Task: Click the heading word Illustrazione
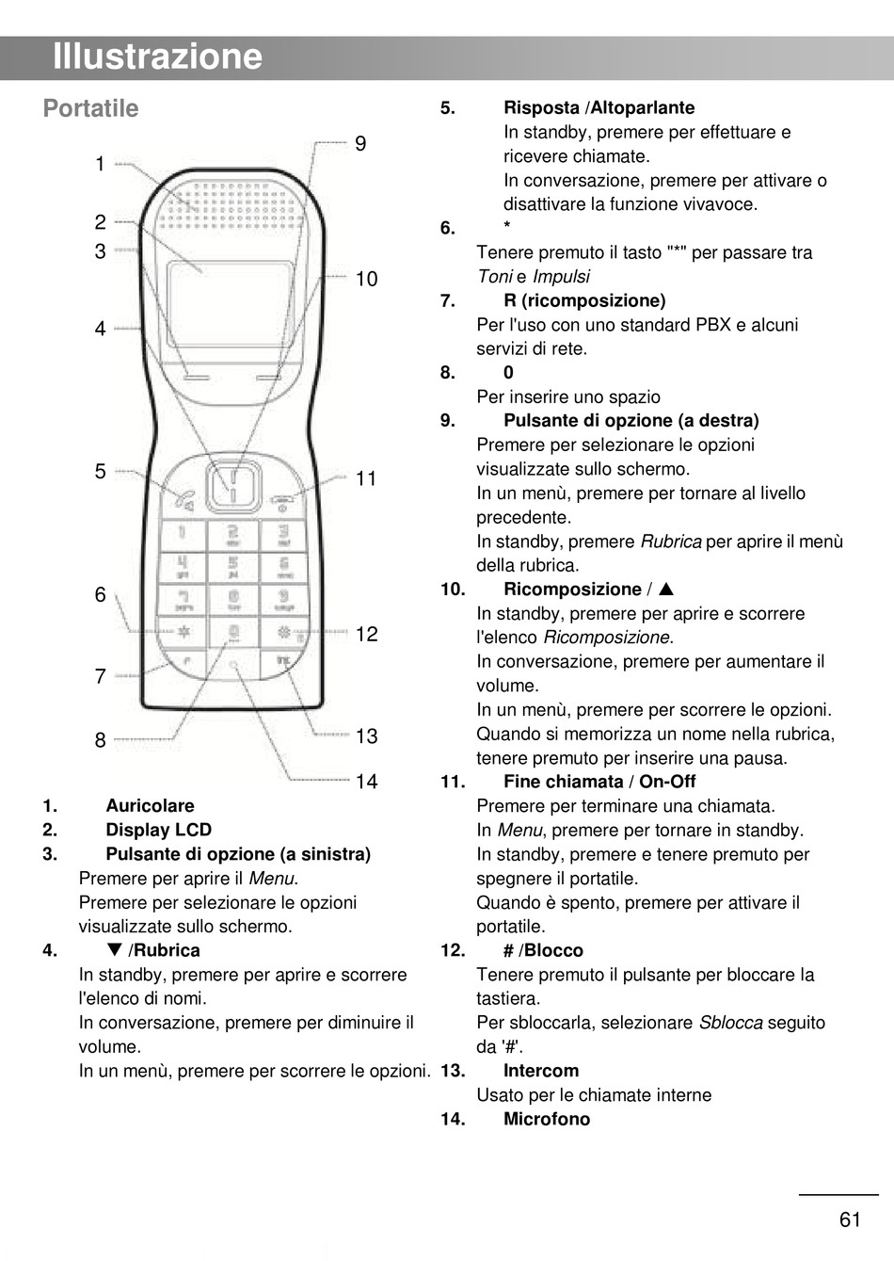click(x=157, y=57)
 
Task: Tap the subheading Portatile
click(x=90, y=109)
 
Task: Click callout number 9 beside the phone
click(x=360, y=144)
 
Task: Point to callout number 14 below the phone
click(x=366, y=782)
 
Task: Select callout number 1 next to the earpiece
click(x=100, y=165)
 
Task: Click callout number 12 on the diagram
click(x=366, y=635)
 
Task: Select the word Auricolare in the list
click(x=150, y=806)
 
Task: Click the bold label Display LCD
click(x=158, y=831)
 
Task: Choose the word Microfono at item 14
click(x=547, y=1120)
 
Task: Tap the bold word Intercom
click(x=541, y=1072)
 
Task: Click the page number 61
click(x=850, y=1221)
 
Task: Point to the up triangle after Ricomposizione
click(x=666, y=590)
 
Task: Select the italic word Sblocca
click(x=730, y=1023)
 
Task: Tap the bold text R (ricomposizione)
click(x=584, y=301)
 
